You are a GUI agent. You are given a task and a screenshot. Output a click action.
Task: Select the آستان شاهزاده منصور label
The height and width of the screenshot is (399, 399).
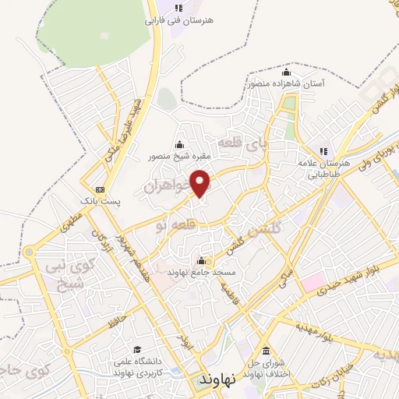(288, 83)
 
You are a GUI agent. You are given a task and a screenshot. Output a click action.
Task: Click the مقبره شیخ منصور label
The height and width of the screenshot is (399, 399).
(180, 155)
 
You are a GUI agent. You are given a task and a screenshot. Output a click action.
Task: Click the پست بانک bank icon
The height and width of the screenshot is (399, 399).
(99, 189)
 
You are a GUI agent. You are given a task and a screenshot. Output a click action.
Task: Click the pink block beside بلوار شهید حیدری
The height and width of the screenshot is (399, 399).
(312, 281)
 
